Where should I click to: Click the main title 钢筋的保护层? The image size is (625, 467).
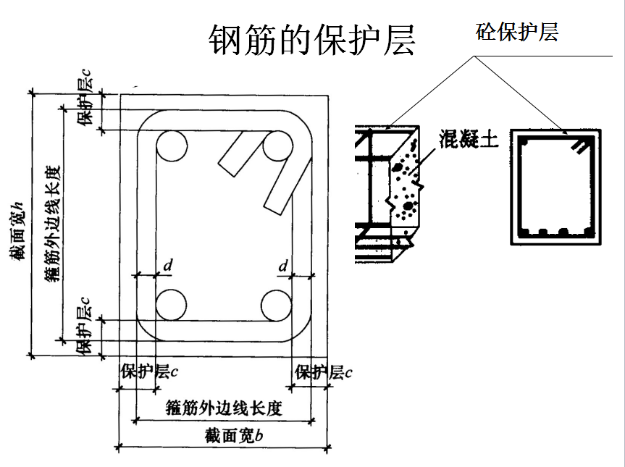(x=311, y=40)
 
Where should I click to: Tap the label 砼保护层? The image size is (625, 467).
(x=516, y=32)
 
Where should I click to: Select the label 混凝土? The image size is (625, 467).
(x=469, y=139)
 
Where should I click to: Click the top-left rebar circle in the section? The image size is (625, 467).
(x=172, y=146)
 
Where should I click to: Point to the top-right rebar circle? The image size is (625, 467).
(x=278, y=146)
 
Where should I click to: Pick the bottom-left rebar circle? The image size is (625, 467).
(x=172, y=306)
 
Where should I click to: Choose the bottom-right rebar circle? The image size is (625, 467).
(x=277, y=306)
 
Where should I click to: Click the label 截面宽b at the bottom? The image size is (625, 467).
(x=234, y=436)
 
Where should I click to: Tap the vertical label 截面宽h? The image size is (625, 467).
(x=18, y=231)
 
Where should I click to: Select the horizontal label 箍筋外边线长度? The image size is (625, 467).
(x=224, y=408)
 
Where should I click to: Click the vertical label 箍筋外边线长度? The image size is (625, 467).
(x=52, y=224)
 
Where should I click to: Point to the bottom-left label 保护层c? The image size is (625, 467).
(x=149, y=371)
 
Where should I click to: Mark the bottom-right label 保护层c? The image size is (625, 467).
(x=323, y=372)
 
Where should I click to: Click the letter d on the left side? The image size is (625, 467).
(x=168, y=265)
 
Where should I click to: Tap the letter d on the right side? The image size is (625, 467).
(x=282, y=266)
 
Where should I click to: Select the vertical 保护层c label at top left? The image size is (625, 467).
(x=84, y=98)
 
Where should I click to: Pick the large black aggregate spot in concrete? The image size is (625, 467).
(x=408, y=206)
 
